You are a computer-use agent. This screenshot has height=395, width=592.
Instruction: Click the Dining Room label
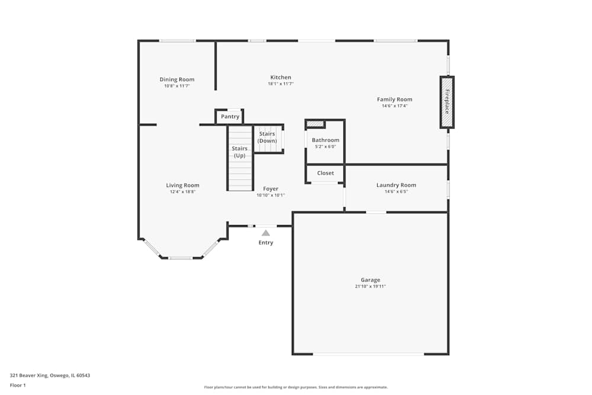click(x=177, y=79)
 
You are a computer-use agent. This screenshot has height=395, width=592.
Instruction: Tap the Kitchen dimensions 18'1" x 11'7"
click(x=281, y=84)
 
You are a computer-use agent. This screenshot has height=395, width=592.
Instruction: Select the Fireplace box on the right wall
click(x=447, y=102)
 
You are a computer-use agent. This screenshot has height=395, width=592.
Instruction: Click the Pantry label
click(x=230, y=117)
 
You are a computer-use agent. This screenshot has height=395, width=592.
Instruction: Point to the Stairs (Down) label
click(x=267, y=137)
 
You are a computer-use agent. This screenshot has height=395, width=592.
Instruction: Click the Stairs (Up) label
click(x=240, y=152)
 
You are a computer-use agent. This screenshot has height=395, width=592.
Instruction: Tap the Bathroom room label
click(x=326, y=140)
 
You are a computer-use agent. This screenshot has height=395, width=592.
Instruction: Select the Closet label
click(x=326, y=173)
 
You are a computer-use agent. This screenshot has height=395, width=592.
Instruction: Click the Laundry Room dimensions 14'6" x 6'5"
click(x=396, y=192)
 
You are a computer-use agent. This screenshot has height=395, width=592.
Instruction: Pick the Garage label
click(x=371, y=280)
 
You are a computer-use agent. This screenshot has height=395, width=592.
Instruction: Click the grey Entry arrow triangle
click(x=266, y=233)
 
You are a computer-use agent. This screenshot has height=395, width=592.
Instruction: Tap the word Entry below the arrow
click(x=266, y=243)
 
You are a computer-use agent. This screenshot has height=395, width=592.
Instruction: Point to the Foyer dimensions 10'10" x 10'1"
click(x=271, y=195)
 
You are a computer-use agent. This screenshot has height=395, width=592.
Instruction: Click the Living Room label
click(x=182, y=185)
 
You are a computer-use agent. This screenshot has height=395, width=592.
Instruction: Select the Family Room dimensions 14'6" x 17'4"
click(x=395, y=106)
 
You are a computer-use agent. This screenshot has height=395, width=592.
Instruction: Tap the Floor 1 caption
click(x=18, y=385)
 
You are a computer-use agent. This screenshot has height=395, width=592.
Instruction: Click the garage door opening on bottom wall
click(x=368, y=354)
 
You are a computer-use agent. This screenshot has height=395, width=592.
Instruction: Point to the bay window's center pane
click(x=181, y=258)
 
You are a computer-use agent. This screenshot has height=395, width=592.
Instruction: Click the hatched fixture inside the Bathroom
click(x=316, y=124)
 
